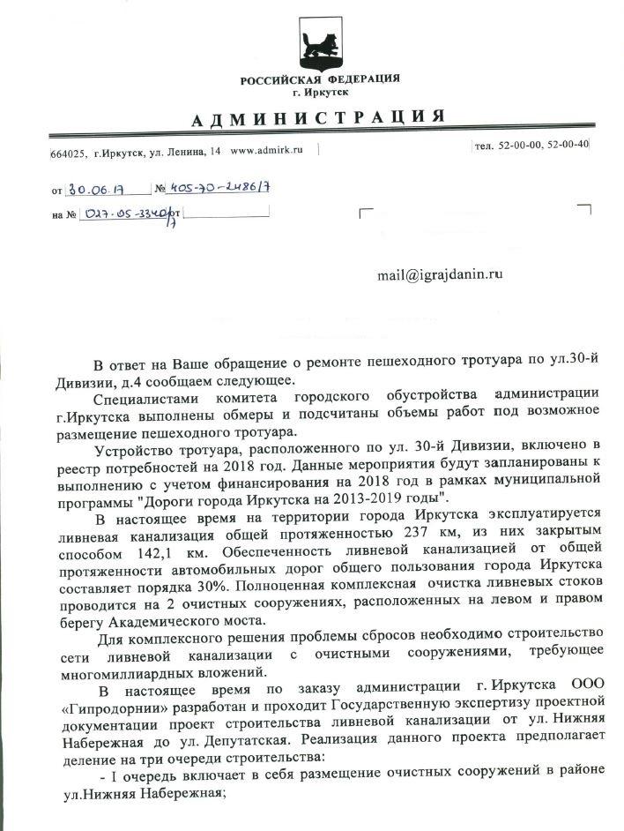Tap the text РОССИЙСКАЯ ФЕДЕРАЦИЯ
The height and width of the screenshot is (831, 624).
(320, 79)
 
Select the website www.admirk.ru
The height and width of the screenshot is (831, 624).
(266, 150)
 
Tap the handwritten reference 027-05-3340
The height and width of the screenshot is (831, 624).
(125, 213)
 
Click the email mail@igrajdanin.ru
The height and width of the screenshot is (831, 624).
(440, 275)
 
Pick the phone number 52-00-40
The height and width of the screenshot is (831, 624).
(568, 144)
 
